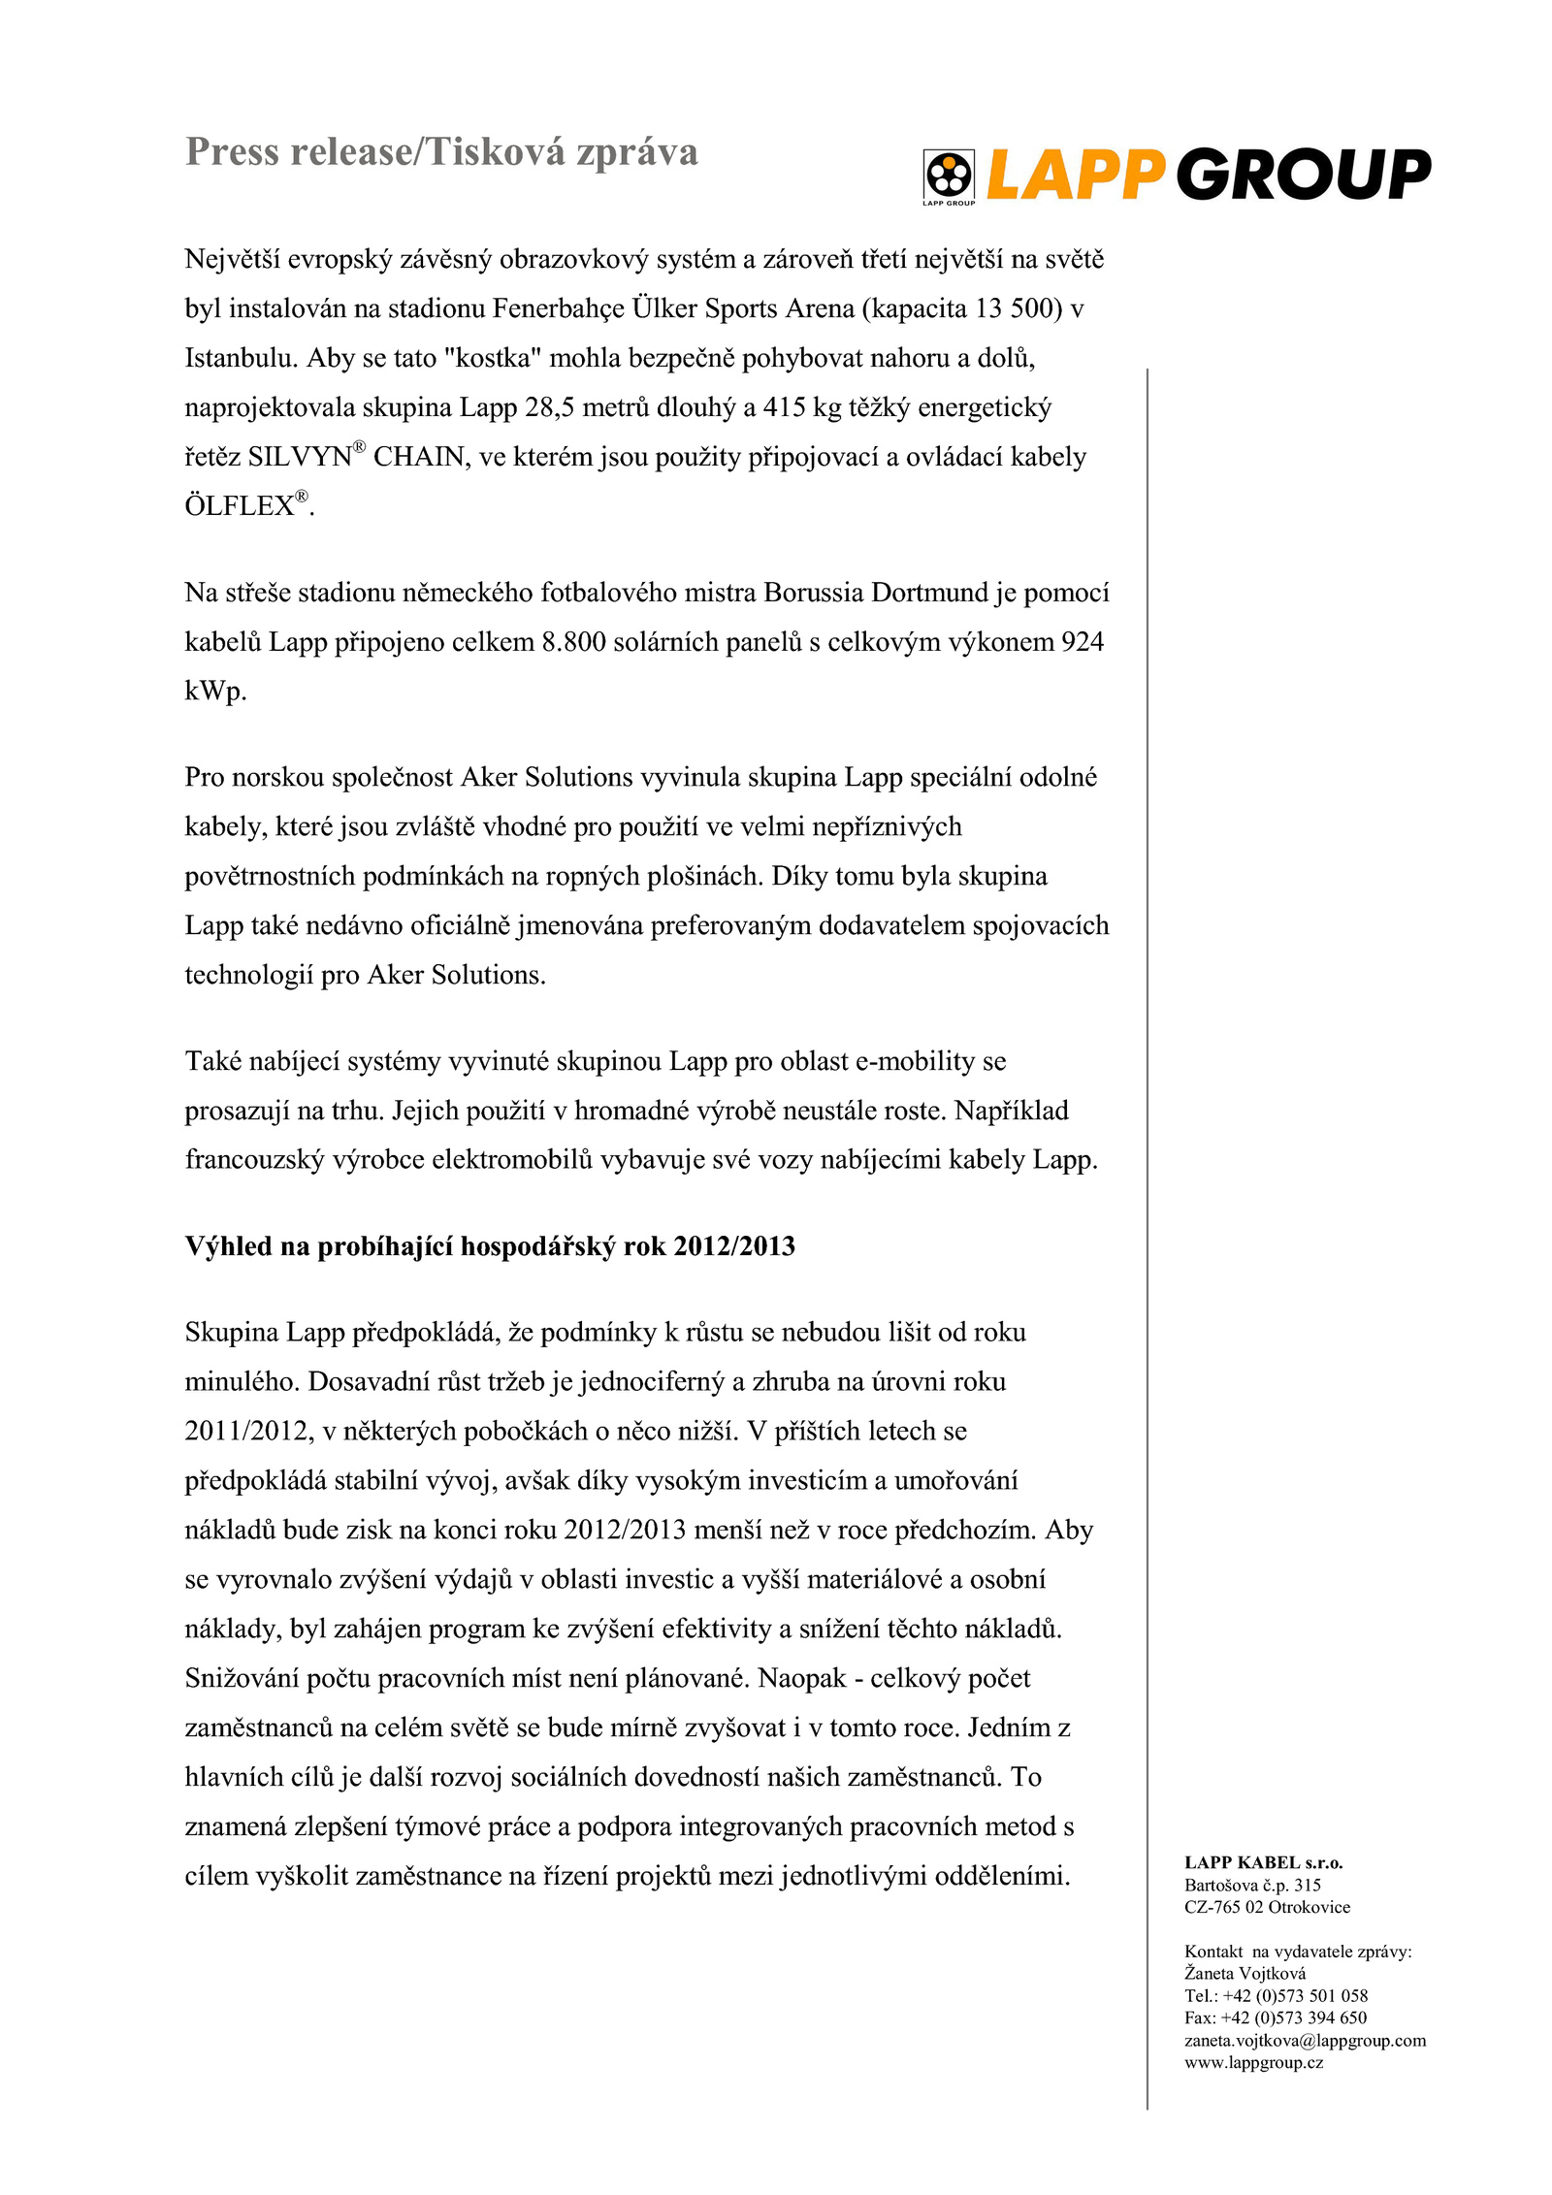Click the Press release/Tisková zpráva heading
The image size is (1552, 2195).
[x=441, y=152]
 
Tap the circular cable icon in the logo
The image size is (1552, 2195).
[x=948, y=175]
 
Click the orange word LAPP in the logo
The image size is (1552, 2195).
[x=1074, y=175]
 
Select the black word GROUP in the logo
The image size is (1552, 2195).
[x=1304, y=175]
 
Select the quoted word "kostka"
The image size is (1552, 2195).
[x=492, y=358]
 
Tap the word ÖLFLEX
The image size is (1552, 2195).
[x=240, y=506]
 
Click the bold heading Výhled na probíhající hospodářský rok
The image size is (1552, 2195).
[x=490, y=1246]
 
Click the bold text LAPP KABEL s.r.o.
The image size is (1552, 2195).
[x=1263, y=1862]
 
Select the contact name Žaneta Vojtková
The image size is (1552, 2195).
[x=1245, y=1973]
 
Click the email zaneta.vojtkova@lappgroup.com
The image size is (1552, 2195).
[x=1305, y=2040]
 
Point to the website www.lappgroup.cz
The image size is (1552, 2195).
[x=1253, y=2062]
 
